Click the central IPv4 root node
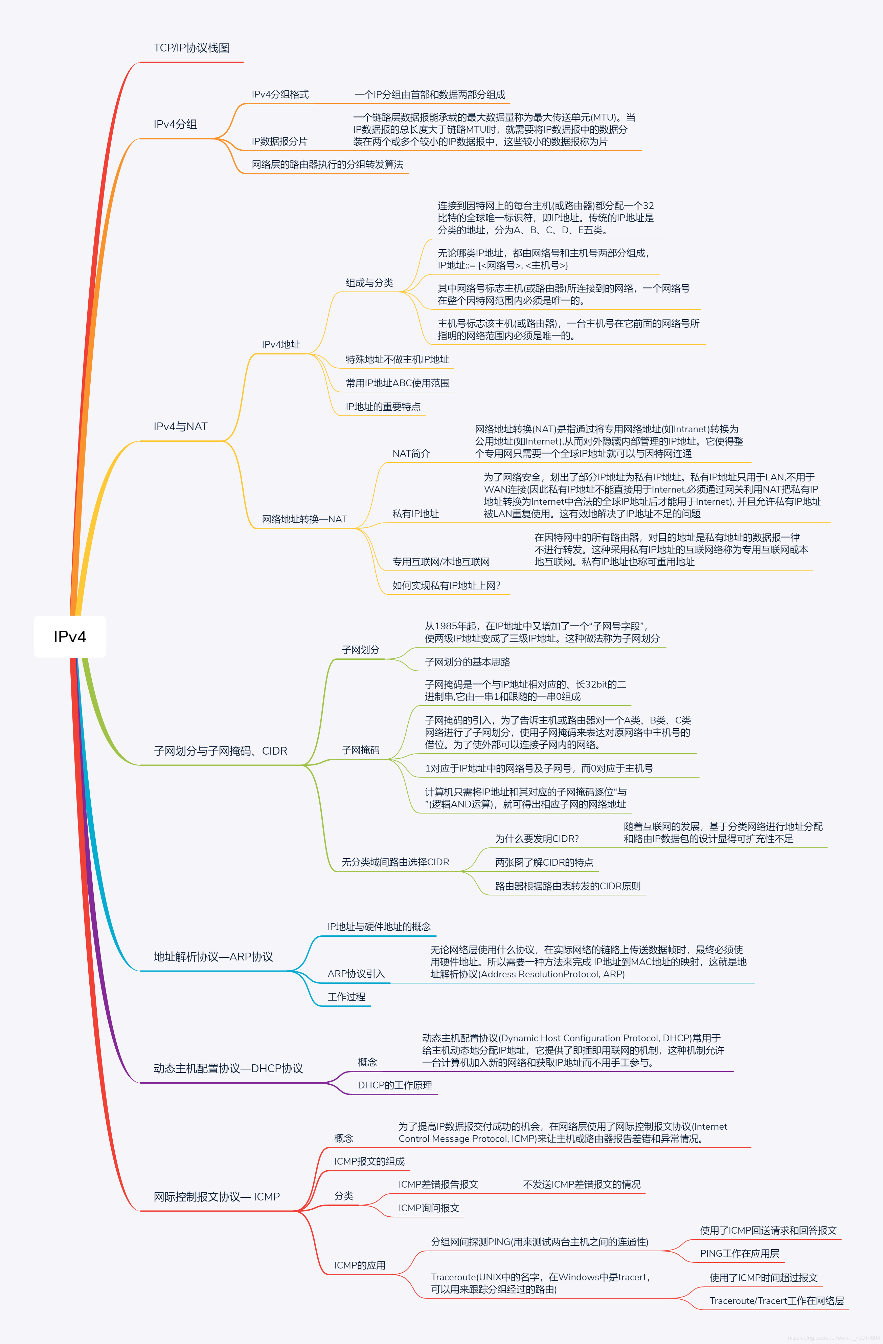[70, 636]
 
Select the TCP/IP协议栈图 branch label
[191, 48]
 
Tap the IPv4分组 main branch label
[176, 124]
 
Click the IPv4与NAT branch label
[181, 426]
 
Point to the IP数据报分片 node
[279, 141]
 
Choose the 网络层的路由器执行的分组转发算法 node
[327, 164]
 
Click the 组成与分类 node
[369, 283]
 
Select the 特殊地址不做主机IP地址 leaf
[397, 360]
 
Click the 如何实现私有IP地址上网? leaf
[446, 586]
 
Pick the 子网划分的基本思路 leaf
[467, 662]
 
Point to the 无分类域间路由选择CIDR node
[395, 862]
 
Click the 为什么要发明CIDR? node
[537, 839]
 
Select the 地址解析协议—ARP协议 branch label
[213, 957]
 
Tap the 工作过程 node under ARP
[346, 997]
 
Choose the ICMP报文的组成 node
[369, 1161]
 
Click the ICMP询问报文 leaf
[429, 1208]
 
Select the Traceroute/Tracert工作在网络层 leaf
[776, 1301]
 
